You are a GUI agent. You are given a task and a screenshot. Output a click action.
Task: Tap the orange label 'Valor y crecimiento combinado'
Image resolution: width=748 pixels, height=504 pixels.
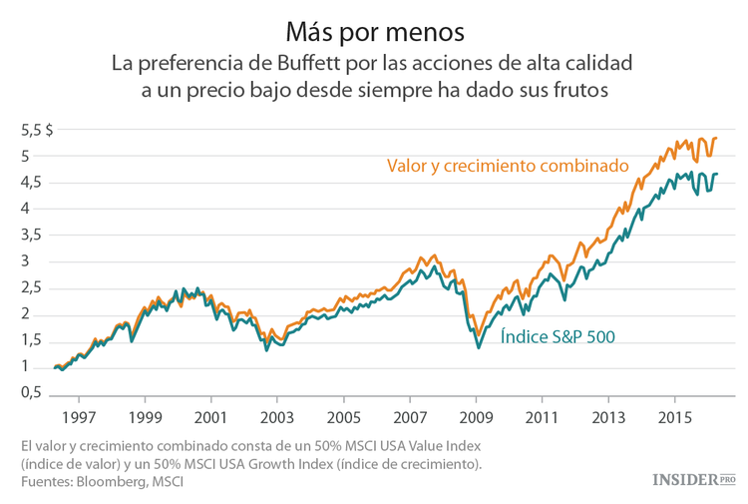pos(508,165)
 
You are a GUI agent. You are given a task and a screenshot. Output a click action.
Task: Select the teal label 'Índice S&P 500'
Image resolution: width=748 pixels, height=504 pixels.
pos(557,336)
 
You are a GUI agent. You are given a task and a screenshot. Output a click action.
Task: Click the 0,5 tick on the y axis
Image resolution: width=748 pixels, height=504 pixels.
pos(35,394)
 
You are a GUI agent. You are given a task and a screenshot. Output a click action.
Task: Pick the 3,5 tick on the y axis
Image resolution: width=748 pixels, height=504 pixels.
pos(35,236)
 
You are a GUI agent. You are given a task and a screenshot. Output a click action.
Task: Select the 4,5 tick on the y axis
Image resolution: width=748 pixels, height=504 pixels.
pos(35,183)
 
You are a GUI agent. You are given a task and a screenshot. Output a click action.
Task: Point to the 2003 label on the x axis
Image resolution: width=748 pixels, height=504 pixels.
pos(277,415)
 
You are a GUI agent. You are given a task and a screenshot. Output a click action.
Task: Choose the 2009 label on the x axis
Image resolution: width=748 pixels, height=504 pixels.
pos(476,415)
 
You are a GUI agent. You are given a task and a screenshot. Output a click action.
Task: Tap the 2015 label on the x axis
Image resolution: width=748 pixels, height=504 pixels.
pos(674,415)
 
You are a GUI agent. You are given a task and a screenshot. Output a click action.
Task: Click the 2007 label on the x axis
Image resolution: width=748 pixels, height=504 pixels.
pos(410,415)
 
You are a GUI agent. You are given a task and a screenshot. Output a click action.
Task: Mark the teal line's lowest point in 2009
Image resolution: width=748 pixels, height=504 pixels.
pos(479,347)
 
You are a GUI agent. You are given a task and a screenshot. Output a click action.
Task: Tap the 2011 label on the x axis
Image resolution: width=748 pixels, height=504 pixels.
pos(542,415)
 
